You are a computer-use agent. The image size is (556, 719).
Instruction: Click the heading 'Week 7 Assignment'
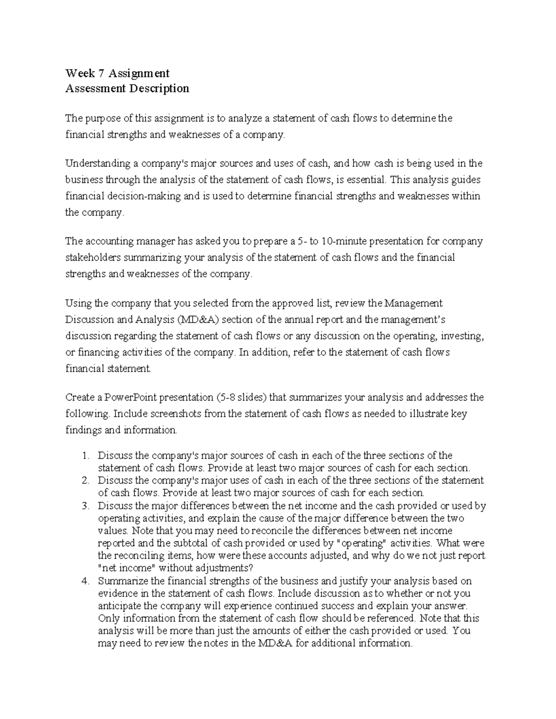pyautogui.click(x=117, y=73)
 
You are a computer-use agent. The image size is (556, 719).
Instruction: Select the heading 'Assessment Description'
pyautogui.click(x=127, y=88)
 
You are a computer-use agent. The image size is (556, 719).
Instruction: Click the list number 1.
pyautogui.click(x=85, y=456)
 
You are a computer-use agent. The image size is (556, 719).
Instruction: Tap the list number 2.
pyautogui.click(x=85, y=481)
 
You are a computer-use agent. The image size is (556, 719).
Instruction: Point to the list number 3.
pyautogui.click(x=85, y=506)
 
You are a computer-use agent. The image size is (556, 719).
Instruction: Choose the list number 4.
pyautogui.click(x=85, y=581)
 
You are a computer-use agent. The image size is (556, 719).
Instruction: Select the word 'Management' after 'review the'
pyautogui.click(x=415, y=303)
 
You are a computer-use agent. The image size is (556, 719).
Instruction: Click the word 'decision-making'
pyautogui.click(x=142, y=196)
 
